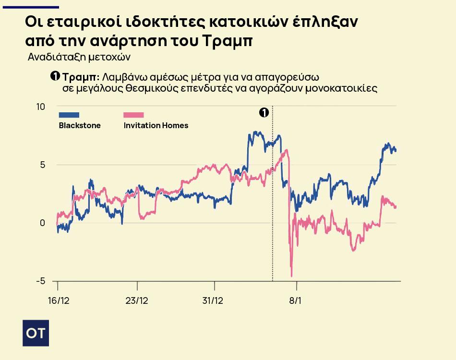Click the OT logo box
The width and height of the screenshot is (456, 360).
(36, 333)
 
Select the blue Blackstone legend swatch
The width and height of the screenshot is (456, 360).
(69, 115)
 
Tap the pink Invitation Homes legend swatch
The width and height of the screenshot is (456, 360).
(133, 115)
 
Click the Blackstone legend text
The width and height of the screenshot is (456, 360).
(80, 125)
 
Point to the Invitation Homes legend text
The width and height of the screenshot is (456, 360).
(156, 125)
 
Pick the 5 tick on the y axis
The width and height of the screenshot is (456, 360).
(42, 165)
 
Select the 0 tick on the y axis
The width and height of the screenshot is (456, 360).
(42, 223)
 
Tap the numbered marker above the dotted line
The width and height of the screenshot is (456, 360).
(264, 112)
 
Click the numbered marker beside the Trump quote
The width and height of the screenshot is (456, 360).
(55, 77)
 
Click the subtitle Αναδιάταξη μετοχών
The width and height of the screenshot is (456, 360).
(79, 57)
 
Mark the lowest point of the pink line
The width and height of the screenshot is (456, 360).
(291, 276)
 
